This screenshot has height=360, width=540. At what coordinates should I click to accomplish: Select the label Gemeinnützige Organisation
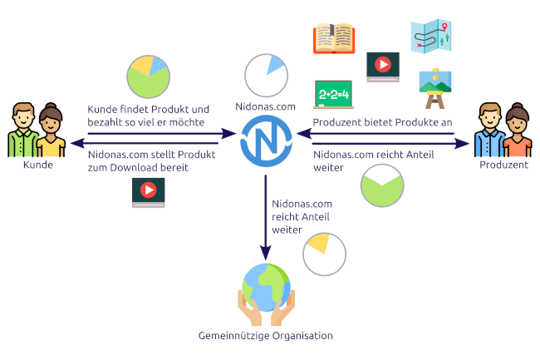click(x=265, y=336)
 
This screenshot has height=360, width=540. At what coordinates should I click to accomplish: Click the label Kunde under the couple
click(x=38, y=165)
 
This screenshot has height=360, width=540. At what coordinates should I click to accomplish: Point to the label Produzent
click(x=503, y=165)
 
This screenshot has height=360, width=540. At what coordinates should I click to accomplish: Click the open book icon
click(x=334, y=38)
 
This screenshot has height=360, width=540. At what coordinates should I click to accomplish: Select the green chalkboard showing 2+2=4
click(x=334, y=95)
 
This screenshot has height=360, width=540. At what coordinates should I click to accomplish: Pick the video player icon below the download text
click(x=148, y=192)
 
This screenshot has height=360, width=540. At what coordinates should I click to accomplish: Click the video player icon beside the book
click(x=383, y=67)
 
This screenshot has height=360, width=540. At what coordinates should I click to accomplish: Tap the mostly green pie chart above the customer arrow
click(x=149, y=76)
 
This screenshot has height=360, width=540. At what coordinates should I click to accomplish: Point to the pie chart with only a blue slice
click(x=267, y=77)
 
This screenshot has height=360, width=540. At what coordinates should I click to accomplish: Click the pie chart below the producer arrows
click(x=383, y=186)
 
